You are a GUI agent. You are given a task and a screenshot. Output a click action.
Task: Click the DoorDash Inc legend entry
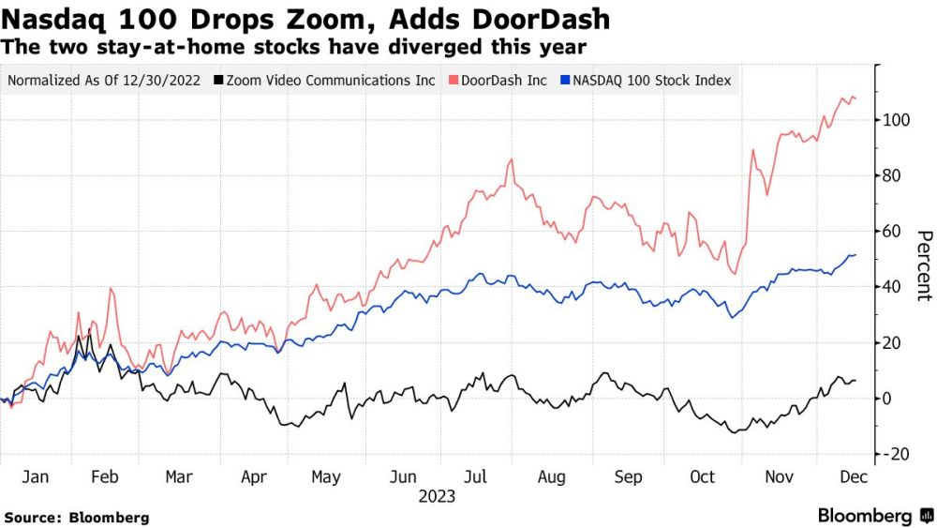(x=501, y=81)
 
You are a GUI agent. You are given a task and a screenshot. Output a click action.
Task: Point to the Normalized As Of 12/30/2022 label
(x=104, y=81)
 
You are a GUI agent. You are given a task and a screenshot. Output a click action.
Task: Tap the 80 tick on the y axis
(x=892, y=175)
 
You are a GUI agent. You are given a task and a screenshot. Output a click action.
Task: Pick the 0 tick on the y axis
(x=887, y=399)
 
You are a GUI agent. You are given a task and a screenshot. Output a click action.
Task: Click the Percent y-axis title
(x=923, y=265)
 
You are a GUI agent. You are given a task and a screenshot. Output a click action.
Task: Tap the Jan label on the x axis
(x=35, y=477)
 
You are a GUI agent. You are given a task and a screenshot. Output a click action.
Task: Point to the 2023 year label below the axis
(x=436, y=496)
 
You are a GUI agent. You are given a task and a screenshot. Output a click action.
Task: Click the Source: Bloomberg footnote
(x=77, y=517)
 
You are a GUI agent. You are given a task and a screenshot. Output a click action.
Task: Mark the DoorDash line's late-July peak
(x=511, y=160)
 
